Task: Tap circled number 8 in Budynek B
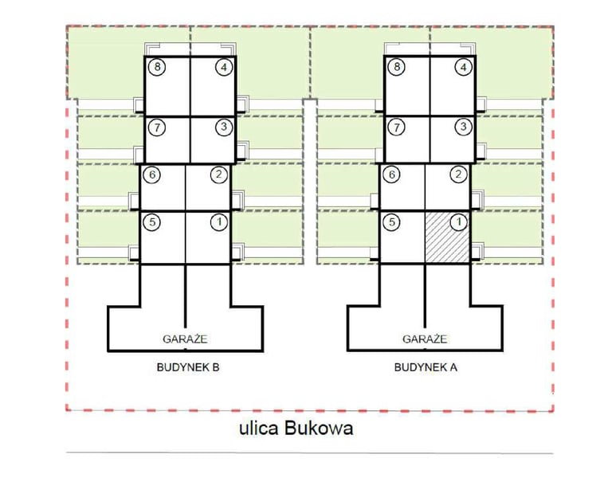pyautogui.click(x=159, y=68)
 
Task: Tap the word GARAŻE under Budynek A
pyautogui.click(x=424, y=339)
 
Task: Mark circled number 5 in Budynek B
pyautogui.click(x=154, y=223)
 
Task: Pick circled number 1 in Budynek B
pyautogui.click(x=219, y=223)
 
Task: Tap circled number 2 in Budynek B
pyautogui.click(x=218, y=175)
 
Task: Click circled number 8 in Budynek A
pyautogui.click(x=397, y=68)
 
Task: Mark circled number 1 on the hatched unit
pyautogui.click(x=457, y=223)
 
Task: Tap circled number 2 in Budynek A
pyautogui.click(x=457, y=175)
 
